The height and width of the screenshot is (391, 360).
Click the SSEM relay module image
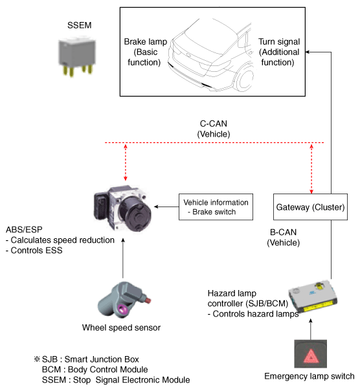(x=77, y=57)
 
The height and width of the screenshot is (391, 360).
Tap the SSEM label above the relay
(x=80, y=25)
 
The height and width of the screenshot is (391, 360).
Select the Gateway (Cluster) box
(x=310, y=207)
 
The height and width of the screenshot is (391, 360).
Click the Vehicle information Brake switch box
(x=216, y=207)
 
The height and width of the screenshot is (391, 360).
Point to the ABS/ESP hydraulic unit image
(x=122, y=208)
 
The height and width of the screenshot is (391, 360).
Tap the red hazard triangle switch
(x=311, y=354)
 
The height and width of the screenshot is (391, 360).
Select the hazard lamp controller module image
(x=313, y=296)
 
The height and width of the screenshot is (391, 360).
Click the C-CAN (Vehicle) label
(x=214, y=129)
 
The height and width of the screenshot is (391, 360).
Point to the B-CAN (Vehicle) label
(x=284, y=238)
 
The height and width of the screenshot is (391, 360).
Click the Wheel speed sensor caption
(x=121, y=328)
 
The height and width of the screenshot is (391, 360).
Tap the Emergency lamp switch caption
(x=309, y=376)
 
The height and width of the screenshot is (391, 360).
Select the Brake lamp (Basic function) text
(x=145, y=52)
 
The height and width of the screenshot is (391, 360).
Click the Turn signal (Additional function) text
(x=279, y=52)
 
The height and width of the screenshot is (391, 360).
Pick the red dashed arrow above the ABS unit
(x=126, y=162)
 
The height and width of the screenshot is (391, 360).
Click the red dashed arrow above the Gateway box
(x=311, y=168)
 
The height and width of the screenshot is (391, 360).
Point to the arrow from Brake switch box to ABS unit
(x=166, y=207)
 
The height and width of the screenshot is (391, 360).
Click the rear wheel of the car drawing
(x=246, y=78)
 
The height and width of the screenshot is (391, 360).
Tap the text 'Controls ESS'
(x=34, y=251)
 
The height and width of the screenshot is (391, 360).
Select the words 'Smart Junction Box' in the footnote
(x=102, y=359)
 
